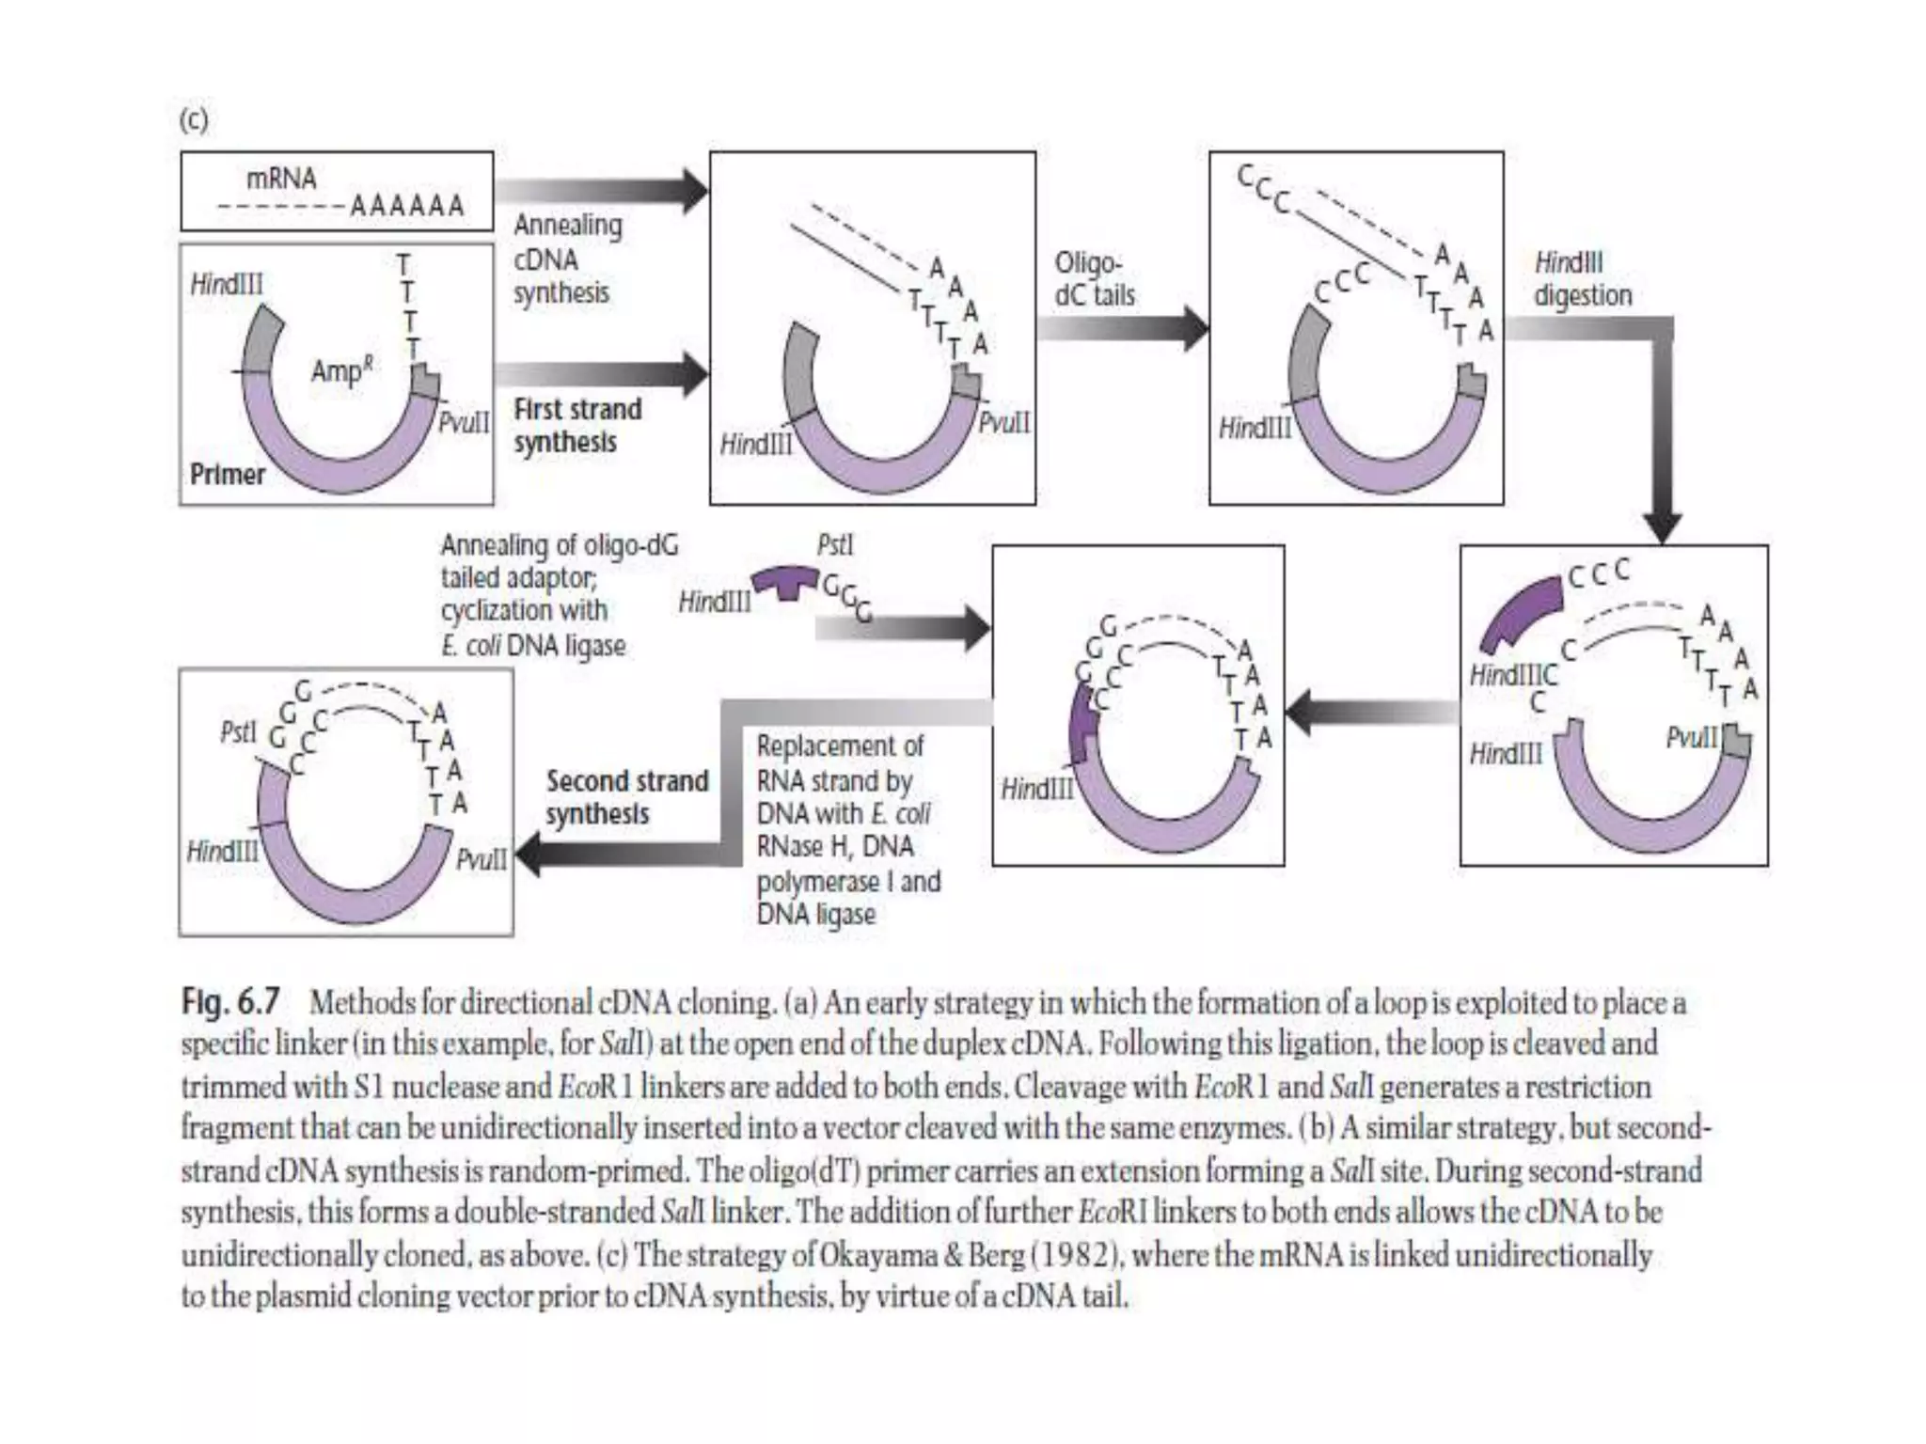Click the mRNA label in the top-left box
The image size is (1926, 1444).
point(281,179)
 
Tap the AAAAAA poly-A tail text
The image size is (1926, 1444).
point(407,206)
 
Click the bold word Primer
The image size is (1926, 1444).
point(228,475)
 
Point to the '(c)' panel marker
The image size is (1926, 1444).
point(193,120)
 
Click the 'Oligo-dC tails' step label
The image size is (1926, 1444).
point(1094,278)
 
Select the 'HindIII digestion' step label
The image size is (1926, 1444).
point(1583,278)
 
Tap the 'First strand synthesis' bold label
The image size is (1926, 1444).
point(577,426)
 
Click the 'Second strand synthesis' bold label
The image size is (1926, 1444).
point(626,797)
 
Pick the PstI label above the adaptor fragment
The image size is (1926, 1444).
point(834,545)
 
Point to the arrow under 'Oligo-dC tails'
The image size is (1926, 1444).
point(1123,328)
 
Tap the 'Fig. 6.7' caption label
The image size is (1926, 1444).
point(230,1002)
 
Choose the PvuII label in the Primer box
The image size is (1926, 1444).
point(464,422)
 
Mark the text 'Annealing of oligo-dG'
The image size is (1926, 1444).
point(559,545)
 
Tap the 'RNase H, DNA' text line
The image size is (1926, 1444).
point(835,847)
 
